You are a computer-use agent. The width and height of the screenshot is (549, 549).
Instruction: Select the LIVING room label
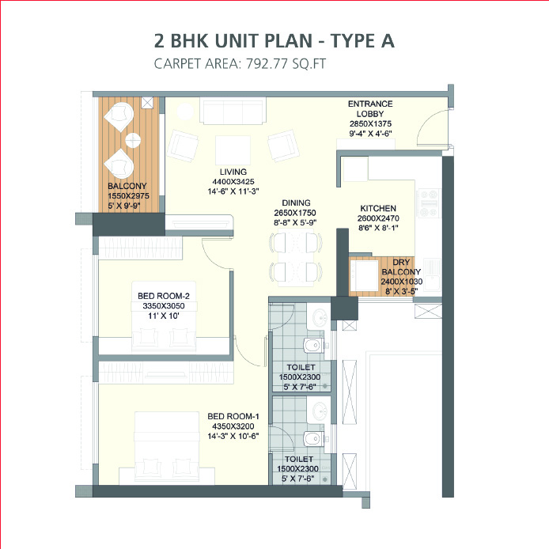(x=233, y=172)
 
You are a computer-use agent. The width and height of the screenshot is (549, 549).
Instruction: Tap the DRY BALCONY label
(x=403, y=267)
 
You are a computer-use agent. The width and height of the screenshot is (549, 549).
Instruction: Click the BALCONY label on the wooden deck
(x=126, y=187)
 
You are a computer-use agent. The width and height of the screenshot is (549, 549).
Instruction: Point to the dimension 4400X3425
(x=233, y=181)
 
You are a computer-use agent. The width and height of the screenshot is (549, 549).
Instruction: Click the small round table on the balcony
(x=132, y=141)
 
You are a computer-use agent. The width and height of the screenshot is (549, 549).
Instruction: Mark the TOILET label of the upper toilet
(x=296, y=367)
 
